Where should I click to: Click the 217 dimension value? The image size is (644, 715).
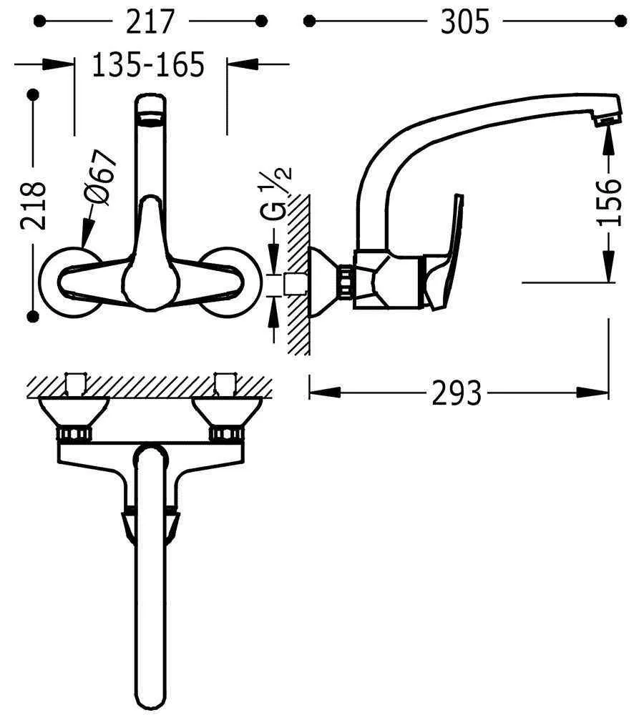pyautogui.click(x=150, y=21)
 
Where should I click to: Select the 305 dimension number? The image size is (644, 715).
pyautogui.click(x=464, y=21)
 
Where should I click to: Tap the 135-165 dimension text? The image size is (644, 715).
pyautogui.click(x=149, y=64)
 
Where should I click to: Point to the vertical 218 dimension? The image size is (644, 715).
pyautogui.click(x=34, y=205)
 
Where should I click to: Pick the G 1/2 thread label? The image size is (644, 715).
pyautogui.click(x=275, y=194)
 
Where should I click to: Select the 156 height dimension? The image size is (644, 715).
pyautogui.click(x=610, y=202)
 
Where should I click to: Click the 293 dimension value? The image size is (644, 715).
pyautogui.click(x=457, y=393)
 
